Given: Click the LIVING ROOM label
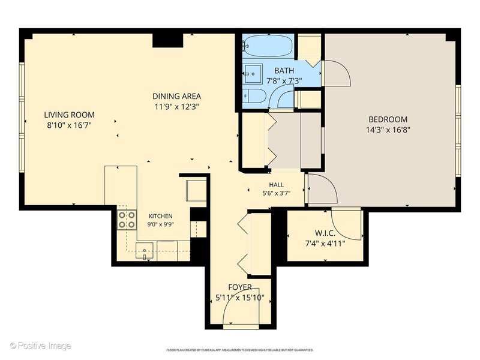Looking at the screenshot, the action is [x=69, y=115].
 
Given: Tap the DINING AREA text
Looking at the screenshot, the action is [x=176, y=96].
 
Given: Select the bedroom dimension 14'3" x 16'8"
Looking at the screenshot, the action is [x=388, y=130].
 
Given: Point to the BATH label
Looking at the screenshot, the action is [x=284, y=70].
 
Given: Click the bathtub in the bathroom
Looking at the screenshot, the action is [x=268, y=46].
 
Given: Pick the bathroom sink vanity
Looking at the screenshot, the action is [x=253, y=73].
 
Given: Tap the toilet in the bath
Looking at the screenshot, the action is [x=254, y=97].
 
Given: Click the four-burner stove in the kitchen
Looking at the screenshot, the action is [x=127, y=220].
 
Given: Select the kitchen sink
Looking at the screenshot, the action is [x=145, y=251].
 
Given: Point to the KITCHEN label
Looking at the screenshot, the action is [x=160, y=216].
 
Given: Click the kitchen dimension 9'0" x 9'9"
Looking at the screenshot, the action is [x=160, y=224].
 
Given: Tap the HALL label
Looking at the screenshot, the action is [x=276, y=185].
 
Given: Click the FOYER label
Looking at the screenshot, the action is [x=241, y=287].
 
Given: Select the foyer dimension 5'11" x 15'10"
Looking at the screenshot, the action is [x=240, y=297].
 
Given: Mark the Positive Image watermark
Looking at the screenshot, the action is [x=40, y=346].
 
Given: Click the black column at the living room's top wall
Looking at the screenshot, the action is [x=168, y=40].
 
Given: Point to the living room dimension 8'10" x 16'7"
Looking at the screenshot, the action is [x=69, y=125].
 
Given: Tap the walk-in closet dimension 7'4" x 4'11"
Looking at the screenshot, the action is [x=325, y=244].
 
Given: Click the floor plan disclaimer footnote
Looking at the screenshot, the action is [x=239, y=350].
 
